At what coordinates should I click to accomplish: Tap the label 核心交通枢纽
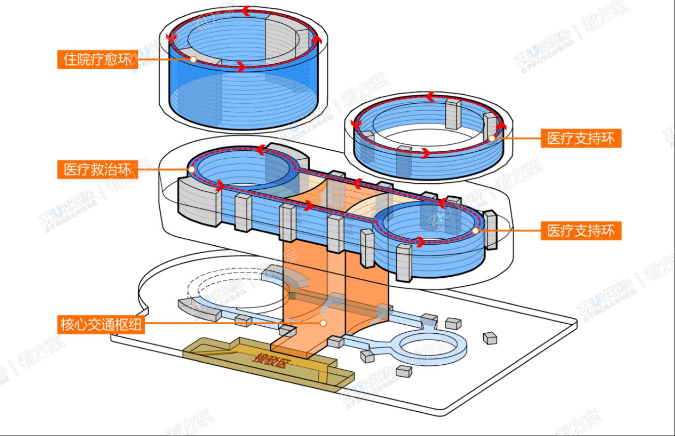pyautogui.click(x=101, y=324)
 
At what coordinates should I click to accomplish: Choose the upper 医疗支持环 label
pyautogui.click(x=581, y=138)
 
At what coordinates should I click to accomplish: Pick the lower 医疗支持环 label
pyautogui.click(x=581, y=230)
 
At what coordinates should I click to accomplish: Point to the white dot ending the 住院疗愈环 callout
pyautogui.click(x=193, y=59)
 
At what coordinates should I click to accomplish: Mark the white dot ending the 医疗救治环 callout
pyautogui.click(x=191, y=170)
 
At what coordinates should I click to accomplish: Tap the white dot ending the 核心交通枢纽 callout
pyautogui.click(x=323, y=323)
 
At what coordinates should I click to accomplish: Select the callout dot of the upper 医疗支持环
pyautogui.click(x=492, y=138)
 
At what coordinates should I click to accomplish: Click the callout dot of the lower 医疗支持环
pyautogui.click(x=475, y=230)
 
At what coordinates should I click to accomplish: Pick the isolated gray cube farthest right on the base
pyautogui.click(x=490, y=338)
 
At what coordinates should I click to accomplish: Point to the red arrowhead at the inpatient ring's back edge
pyautogui.click(x=245, y=9)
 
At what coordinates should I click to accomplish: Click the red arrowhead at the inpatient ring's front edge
pyautogui.click(x=241, y=66)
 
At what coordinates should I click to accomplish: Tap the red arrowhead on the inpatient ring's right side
pyautogui.click(x=318, y=39)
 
